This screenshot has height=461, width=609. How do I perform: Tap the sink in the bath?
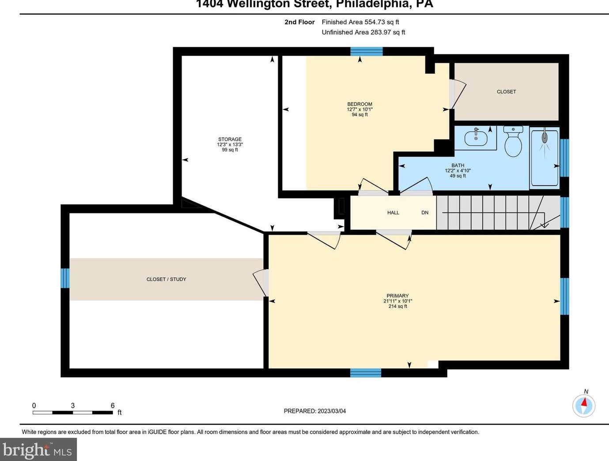click(476, 138)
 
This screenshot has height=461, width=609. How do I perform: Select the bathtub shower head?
click(545, 137)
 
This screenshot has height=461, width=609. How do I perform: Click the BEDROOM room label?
click(360, 104)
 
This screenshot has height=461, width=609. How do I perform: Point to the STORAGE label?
click(230, 139)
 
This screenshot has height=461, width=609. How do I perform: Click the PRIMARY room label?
click(397, 296)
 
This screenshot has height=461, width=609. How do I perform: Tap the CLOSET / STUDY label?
click(166, 279)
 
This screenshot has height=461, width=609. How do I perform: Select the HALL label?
click(393, 213)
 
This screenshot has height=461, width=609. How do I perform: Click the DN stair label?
click(425, 213)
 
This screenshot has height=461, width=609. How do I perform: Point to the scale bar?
click(73, 412)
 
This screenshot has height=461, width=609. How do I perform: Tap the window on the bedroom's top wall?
click(367, 52)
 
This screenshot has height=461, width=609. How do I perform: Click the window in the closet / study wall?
click(65, 278)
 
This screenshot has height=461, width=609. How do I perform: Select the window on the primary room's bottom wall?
click(366, 373)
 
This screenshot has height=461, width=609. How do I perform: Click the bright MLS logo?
click(38, 450)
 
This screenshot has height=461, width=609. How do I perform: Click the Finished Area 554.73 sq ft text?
click(360, 22)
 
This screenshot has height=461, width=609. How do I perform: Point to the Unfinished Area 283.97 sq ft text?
click(363, 32)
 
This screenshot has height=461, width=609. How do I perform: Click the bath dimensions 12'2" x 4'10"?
click(458, 171)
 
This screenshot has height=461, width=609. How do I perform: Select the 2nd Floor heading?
click(299, 22)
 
